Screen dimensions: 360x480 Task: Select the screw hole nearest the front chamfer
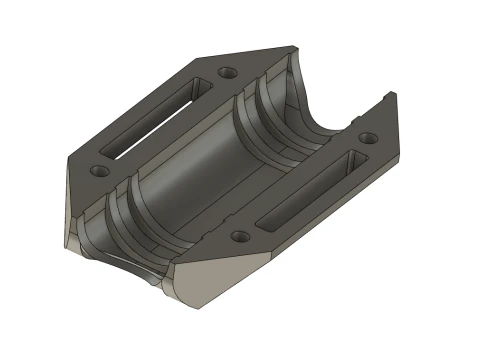(x=239, y=237)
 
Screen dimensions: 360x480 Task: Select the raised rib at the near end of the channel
(x=125, y=215)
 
